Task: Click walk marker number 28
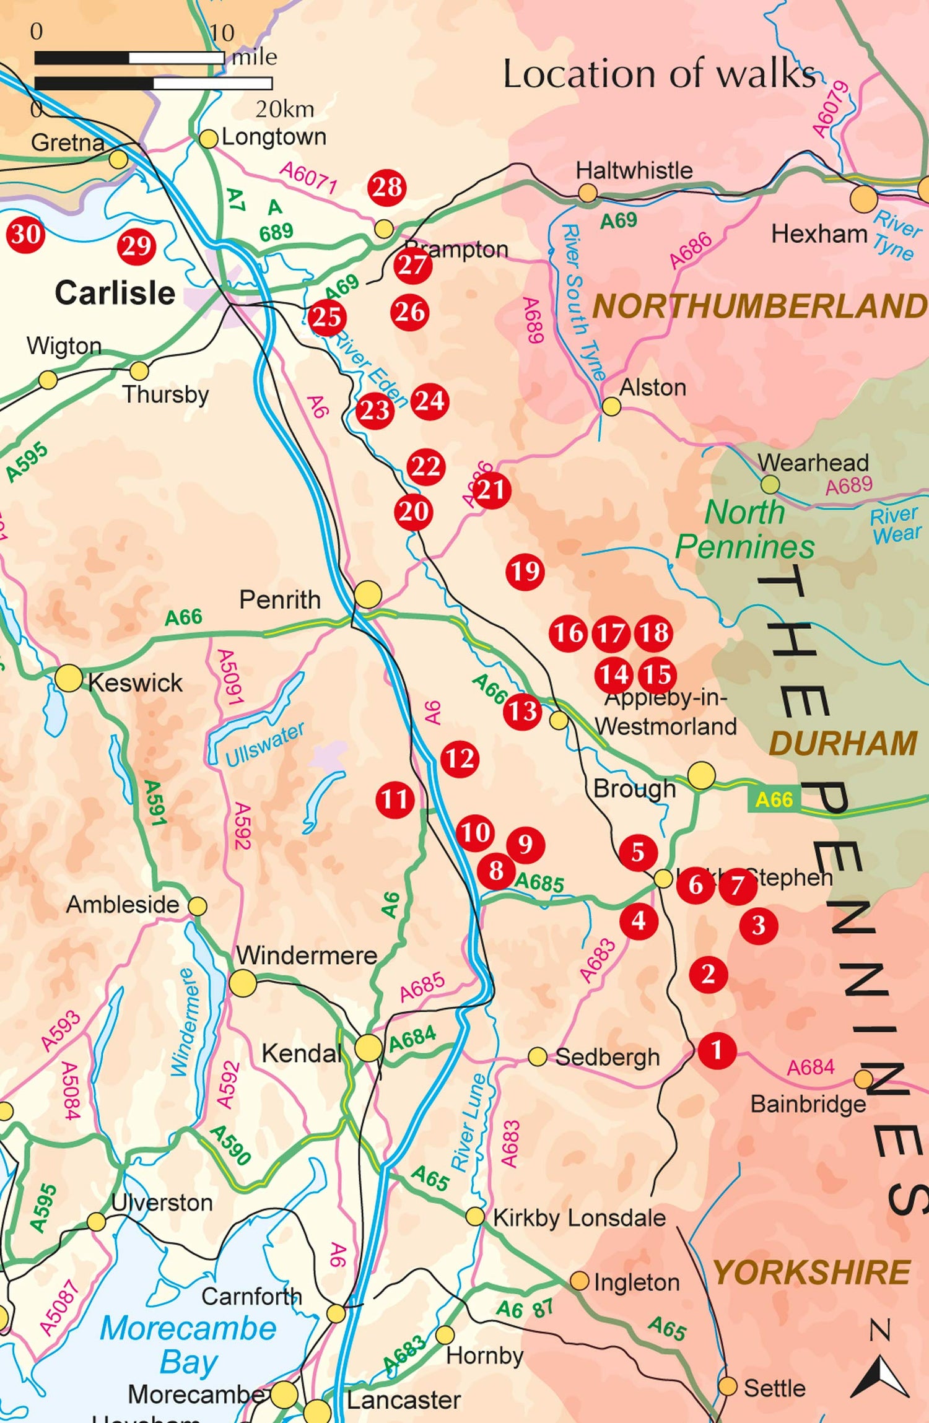click(x=387, y=187)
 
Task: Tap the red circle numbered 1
click(x=717, y=1050)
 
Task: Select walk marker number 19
click(x=525, y=571)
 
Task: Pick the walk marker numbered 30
click(x=25, y=234)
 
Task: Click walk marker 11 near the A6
click(x=395, y=799)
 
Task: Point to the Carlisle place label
click(x=115, y=293)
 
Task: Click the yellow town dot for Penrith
click(x=368, y=594)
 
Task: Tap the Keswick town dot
click(x=69, y=679)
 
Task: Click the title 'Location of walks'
click(x=659, y=74)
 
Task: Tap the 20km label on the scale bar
click(x=284, y=110)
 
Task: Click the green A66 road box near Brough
click(x=774, y=799)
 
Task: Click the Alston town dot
click(x=611, y=406)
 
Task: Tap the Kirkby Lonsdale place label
click(x=579, y=1218)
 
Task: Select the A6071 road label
click(x=308, y=176)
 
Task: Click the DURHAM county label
click(x=842, y=743)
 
